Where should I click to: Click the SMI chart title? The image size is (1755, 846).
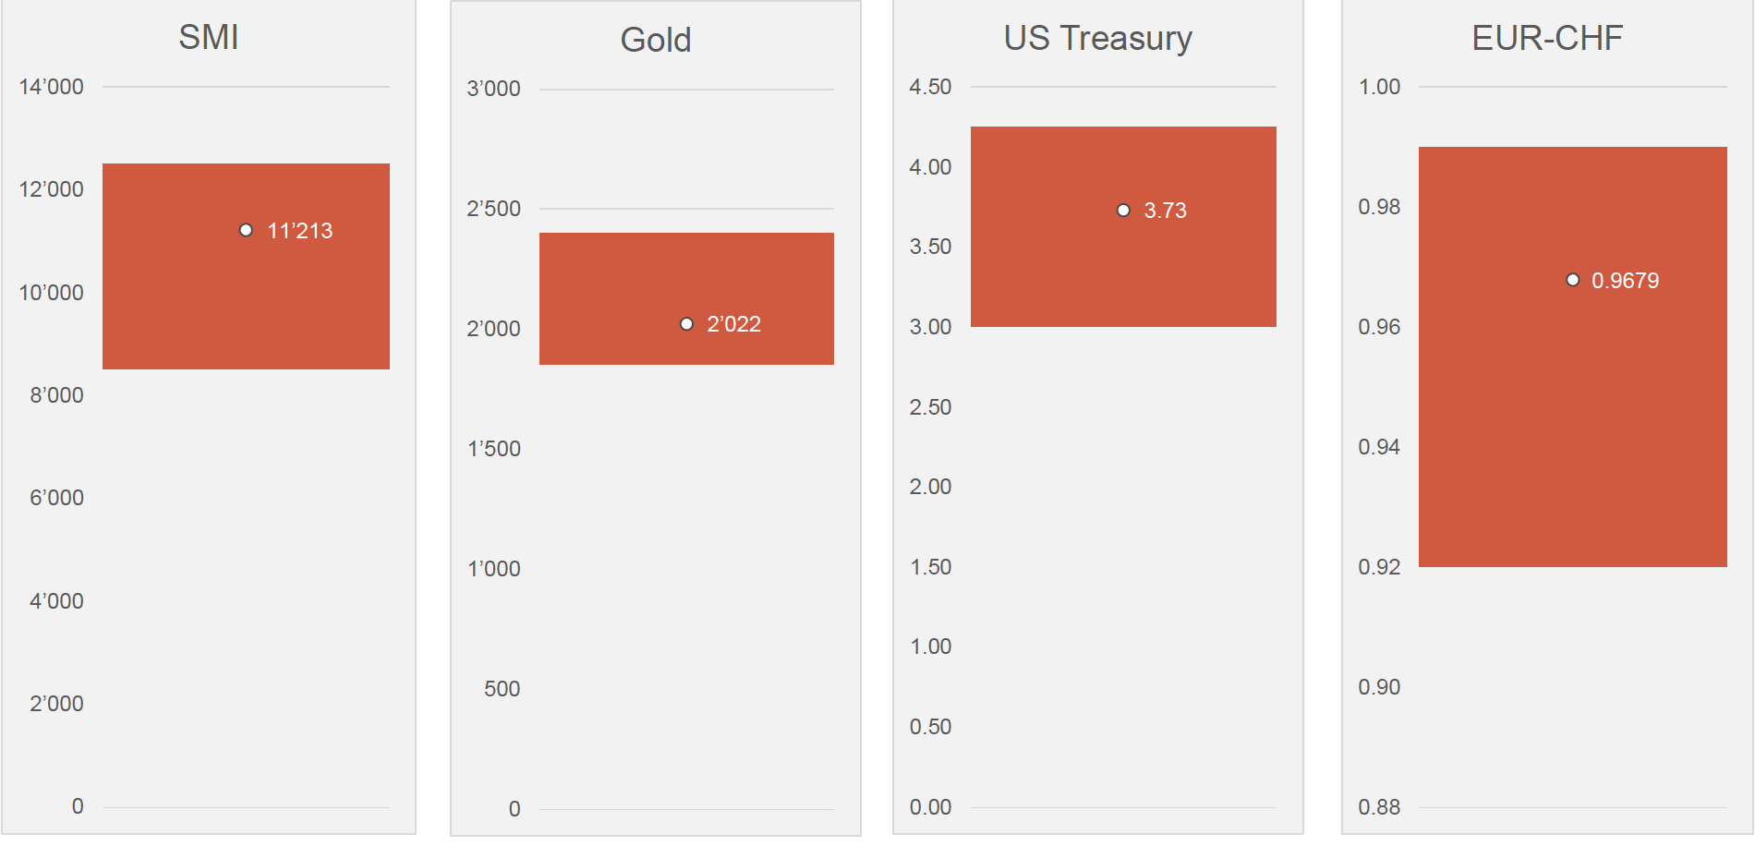pyautogui.click(x=209, y=38)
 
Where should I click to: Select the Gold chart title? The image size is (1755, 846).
pyautogui.click(x=656, y=41)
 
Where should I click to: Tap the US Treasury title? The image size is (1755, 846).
pyautogui.click(x=1097, y=39)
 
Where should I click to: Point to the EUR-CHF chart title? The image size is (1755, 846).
pyautogui.click(x=1547, y=39)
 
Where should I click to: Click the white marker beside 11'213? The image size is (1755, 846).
pyautogui.click(x=246, y=230)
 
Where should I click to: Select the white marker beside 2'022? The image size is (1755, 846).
pyautogui.click(x=686, y=324)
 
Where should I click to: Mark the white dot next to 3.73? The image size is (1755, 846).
pyautogui.click(x=1123, y=211)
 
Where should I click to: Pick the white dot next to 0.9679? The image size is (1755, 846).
pyautogui.click(x=1572, y=280)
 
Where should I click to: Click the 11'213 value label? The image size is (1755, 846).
pyautogui.click(x=300, y=231)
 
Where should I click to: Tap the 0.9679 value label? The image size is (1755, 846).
pyautogui.click(x=1625, y=281)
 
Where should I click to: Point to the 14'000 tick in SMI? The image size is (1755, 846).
pyautogui.click(x=51, y=88)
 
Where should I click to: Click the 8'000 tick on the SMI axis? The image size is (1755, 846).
pyautogui.click(x=56, y=395)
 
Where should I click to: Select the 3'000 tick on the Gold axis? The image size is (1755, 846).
pyautogui.click(x=493, y=90)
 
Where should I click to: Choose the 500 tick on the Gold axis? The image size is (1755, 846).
pyautogui.click(x=502, y=689)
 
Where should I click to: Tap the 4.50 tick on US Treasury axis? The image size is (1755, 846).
pyautogui.click(x=930, y=88)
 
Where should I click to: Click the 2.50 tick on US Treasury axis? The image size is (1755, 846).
pyautogui.click(x=930, y=407)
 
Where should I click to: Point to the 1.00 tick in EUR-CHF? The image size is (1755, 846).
pyautogui.click(x=1379, y=88)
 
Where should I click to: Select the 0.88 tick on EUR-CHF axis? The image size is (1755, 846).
pyautogui.click(x=1379, y=807)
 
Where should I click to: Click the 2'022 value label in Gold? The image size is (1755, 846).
pyautogui.click(x=734, y=324)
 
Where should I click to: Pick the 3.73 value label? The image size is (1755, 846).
pyautogui.click(x=1165, y=211)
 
